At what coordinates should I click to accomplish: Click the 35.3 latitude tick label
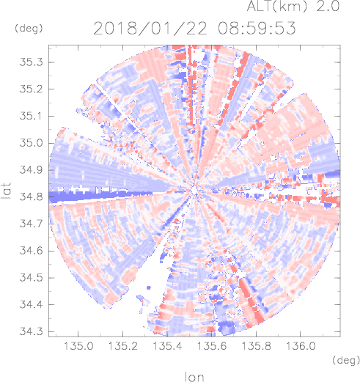click(x=31, y=62)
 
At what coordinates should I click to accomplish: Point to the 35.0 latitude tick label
click(x=31, y=143)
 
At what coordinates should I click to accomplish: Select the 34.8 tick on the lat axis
click(x=31, y=196)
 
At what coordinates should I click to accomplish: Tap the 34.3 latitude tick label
click(x=31, y=331)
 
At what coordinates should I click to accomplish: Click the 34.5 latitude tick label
click(x=31, y=278)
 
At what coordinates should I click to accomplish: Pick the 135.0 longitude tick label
click(x=78, y=346)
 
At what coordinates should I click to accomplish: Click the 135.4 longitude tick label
click(x=167, y=346)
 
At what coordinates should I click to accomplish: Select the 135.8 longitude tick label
click(x=256, y=346)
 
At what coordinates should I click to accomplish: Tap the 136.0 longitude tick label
click(x=301, y=346)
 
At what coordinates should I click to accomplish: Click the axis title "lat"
click(x=7, y=191)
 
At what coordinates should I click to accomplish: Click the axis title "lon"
click(x=194, y=377)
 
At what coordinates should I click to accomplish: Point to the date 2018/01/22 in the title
click(x=150, y=29)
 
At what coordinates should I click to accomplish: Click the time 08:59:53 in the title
click(x=257, y=29)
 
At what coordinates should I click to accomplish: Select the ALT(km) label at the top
click(x=276, y=6)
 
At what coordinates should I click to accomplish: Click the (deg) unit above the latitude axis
click(x=29, y=29)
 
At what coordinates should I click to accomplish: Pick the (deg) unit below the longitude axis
click(x=346, y=360)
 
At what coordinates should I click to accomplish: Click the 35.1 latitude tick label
click(x=31, y=116)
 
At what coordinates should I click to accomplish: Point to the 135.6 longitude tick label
click(x=212, y=346)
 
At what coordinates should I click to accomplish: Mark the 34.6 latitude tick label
click(x=31, y=251)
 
